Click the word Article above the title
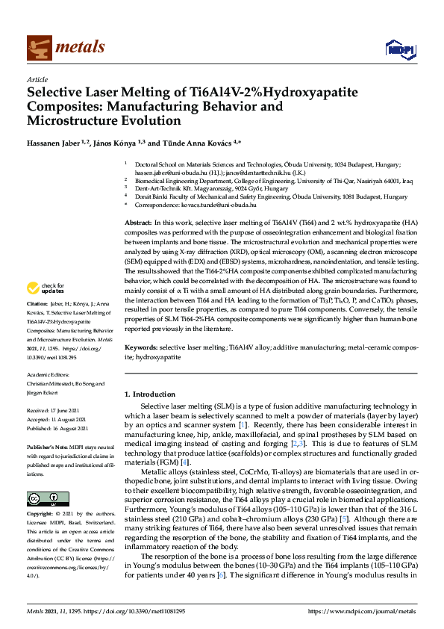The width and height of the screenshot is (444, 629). pos(37,79)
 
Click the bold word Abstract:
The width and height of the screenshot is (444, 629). pos(137,202)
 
